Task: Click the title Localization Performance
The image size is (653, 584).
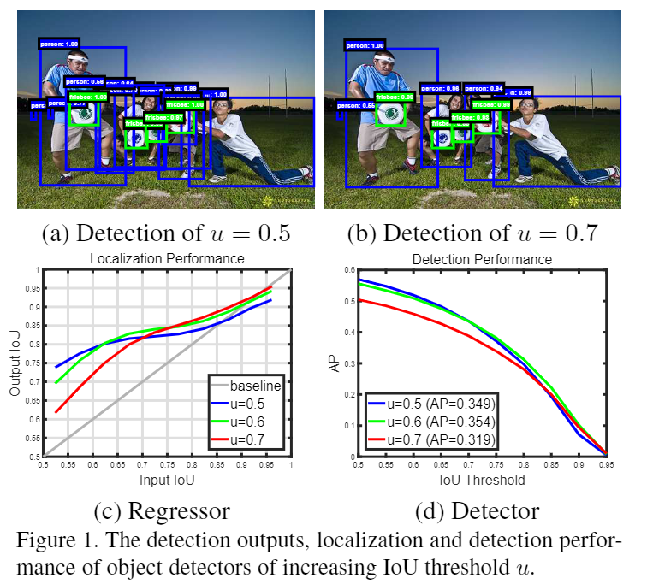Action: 168,258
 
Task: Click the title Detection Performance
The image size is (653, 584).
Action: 482,258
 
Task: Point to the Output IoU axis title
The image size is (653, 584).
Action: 15,363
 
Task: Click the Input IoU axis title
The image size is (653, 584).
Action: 167,481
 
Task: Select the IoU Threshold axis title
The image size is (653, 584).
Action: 482,481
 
